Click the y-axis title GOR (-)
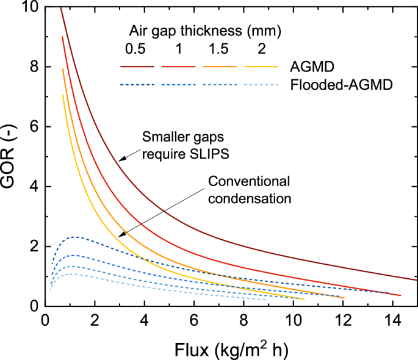coord(13,155)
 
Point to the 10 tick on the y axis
coord(31,7)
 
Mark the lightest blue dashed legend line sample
coord(261,85)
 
